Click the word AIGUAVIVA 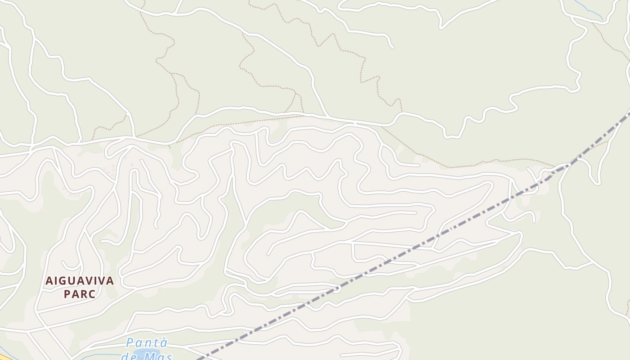point(80,281)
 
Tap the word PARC point(80,294)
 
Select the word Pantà point(147,343)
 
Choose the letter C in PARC point(92,294)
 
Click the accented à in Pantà point(164,343)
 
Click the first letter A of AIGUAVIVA point(49,281)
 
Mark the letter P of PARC point(67,294)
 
